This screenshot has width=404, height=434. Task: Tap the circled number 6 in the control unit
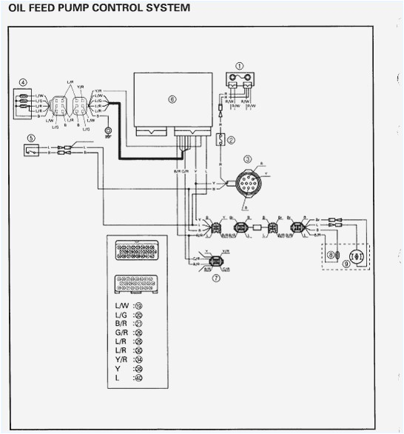click(172, 99)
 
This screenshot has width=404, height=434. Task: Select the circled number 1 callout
click(238, 67)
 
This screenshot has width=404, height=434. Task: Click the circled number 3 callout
click(247, 159)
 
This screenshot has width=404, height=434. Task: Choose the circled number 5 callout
click(30, 138)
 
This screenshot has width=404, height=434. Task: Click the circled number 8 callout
click(330, 256)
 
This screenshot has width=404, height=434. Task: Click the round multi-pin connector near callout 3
click(247, 181)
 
